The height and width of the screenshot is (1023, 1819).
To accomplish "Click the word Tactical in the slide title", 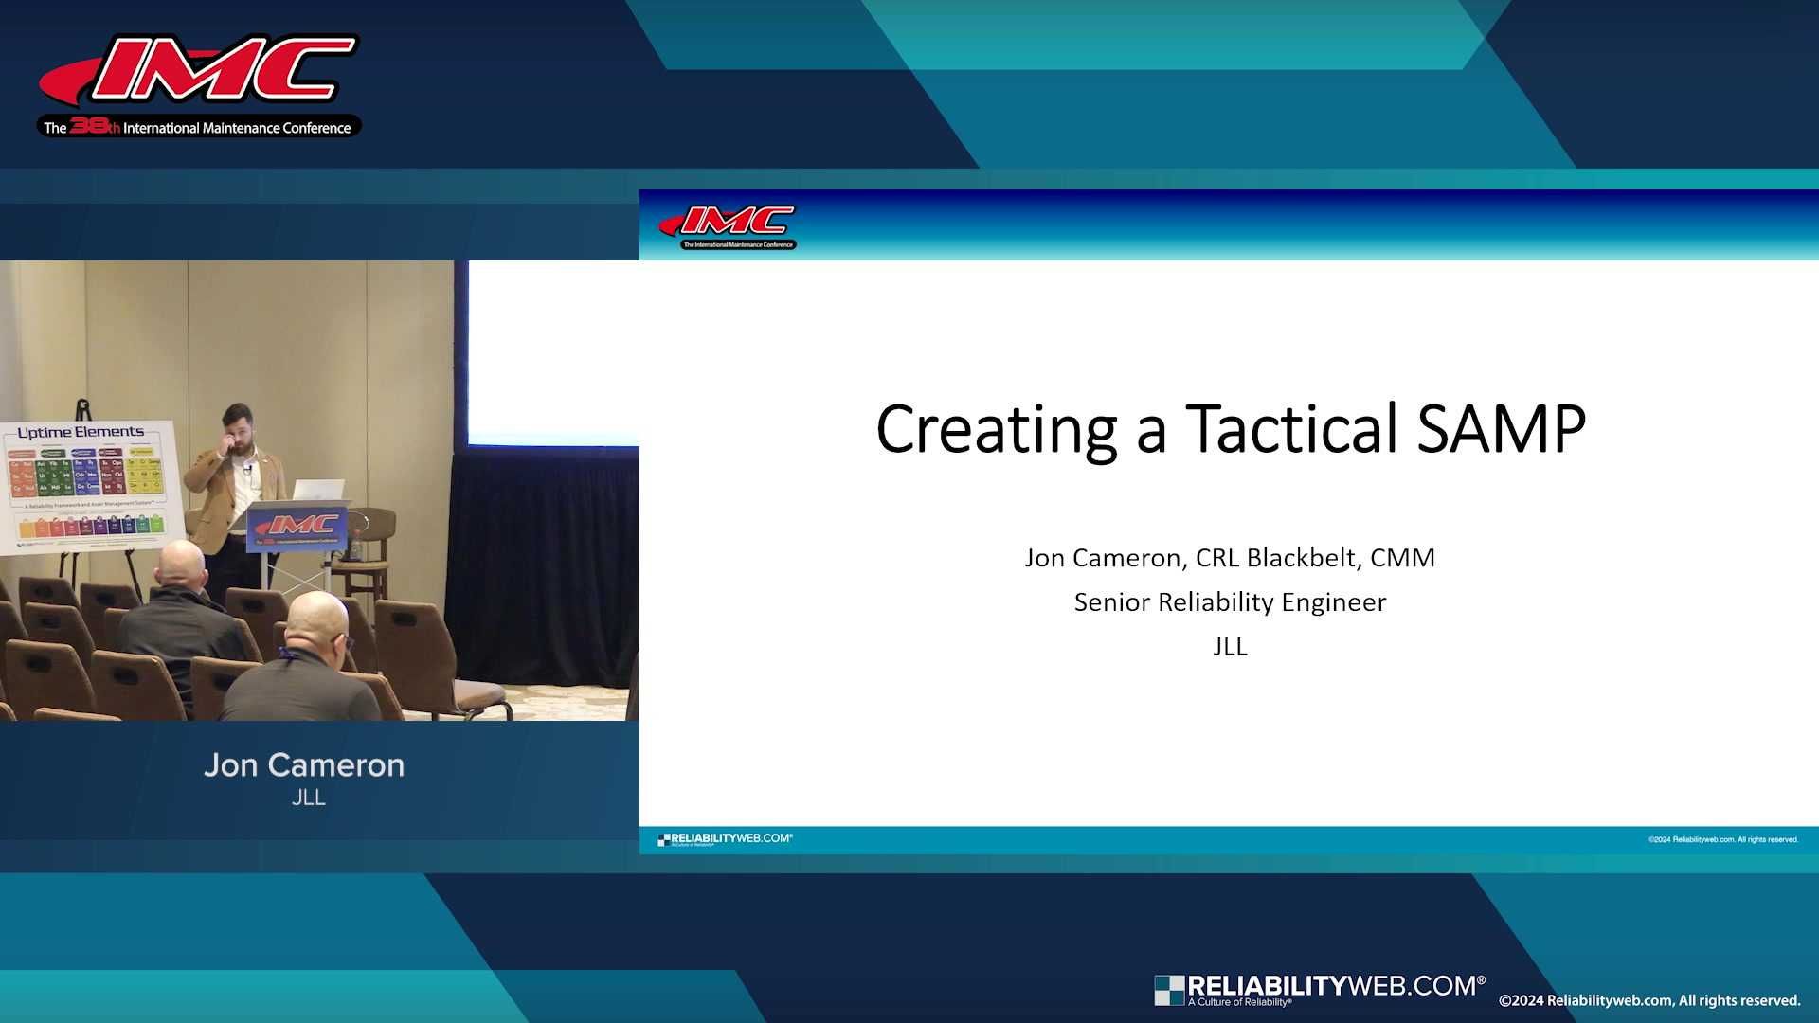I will (1292, 429).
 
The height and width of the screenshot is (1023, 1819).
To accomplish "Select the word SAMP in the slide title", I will (1502, 429).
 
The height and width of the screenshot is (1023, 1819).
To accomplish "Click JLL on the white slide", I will (1230, 647).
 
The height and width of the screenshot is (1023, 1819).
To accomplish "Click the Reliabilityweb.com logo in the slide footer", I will (725, 839).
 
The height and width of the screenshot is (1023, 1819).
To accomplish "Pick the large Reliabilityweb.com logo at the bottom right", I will (1320, 989).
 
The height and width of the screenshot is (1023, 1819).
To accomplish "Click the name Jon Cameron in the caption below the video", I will (304, 765).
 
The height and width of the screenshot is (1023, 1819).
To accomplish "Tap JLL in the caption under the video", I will (309, 798).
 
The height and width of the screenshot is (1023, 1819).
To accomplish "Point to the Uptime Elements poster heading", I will (81, 433).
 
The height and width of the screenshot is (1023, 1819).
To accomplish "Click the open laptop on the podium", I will (317, 490).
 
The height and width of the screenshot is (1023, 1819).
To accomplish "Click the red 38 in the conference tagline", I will (88, 126).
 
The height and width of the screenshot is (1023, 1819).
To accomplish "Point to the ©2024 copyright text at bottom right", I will (1648, 1001).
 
